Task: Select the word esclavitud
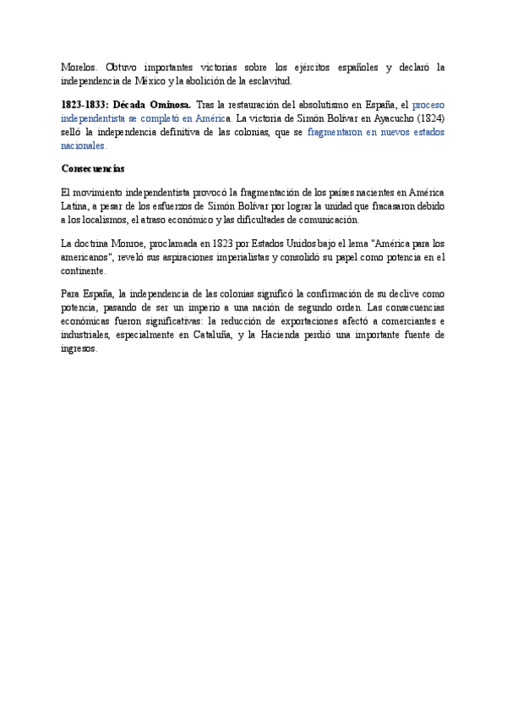coord(268,81)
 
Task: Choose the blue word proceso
coord(428,102)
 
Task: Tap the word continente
coord(84,271)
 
